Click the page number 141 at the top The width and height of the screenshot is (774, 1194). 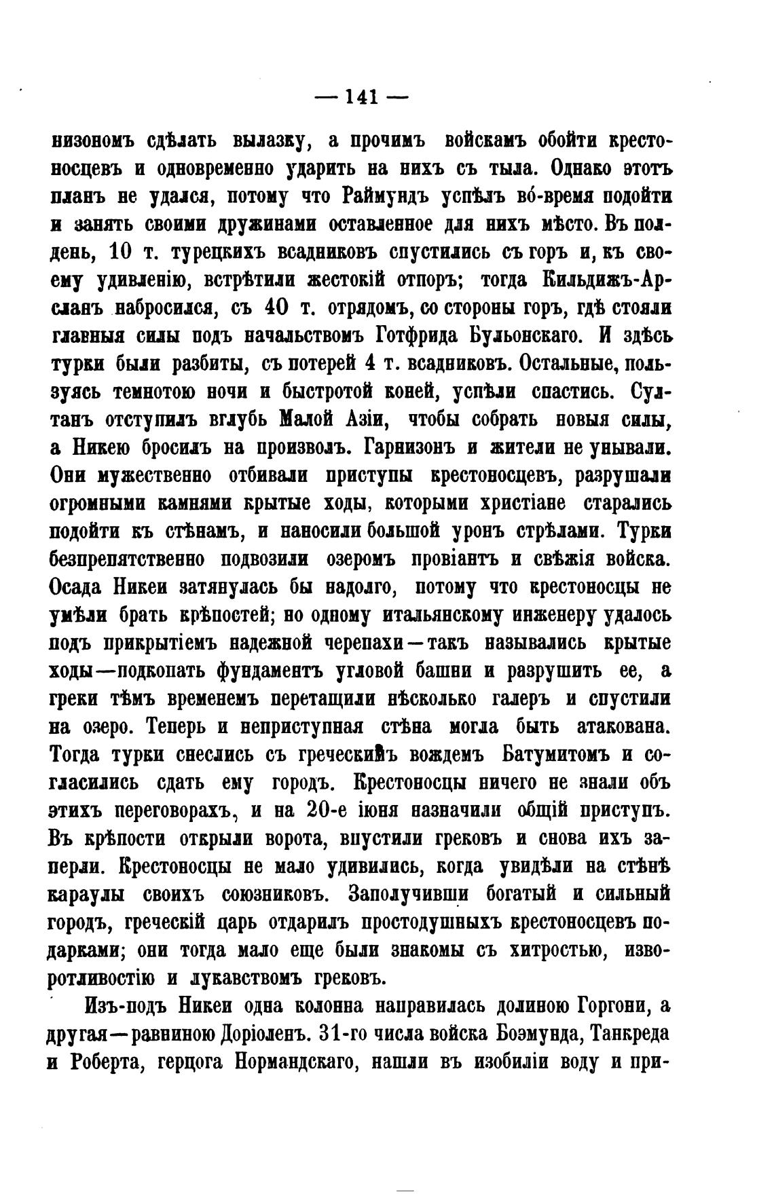pos(361,97)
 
